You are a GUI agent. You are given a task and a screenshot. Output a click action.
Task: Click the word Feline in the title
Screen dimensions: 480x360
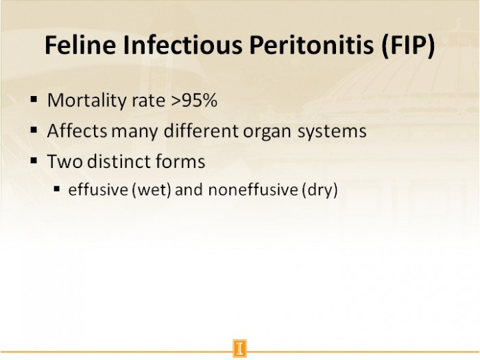pyautogui.click(x=80, y=45)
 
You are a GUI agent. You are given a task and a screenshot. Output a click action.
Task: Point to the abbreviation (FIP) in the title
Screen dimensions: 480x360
pyautogui.click(x=408, y=45)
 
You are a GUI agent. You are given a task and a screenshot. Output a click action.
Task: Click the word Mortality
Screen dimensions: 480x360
pyautogui.click(x=84, y=101)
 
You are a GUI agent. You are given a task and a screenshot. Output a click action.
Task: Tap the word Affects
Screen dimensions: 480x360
pyautogui.click(x=77, y=131)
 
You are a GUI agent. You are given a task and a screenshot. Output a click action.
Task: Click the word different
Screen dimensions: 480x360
pyautogui.click(x=201, y=131)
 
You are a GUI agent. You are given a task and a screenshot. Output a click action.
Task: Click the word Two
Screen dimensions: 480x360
pyautogui.click(x=65, y=161)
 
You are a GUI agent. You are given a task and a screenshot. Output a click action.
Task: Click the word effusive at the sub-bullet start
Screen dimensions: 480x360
pyautogui.click(x=98, y=189)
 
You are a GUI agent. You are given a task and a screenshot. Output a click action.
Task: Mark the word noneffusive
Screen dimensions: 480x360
pyautogui.click(x=253, y=189)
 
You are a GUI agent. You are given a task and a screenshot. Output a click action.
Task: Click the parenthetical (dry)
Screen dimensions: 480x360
pyautogui.click(x=320, y=190)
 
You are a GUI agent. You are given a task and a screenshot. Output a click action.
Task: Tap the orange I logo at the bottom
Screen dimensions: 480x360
pyautogui.click(x=240, y=348)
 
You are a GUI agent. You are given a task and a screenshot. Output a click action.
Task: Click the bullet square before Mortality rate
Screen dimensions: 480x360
pyautogui.click(x=34, y=99)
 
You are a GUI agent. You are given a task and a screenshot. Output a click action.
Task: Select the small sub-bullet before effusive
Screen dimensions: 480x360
pyautogui.click(x=57, y=189)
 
